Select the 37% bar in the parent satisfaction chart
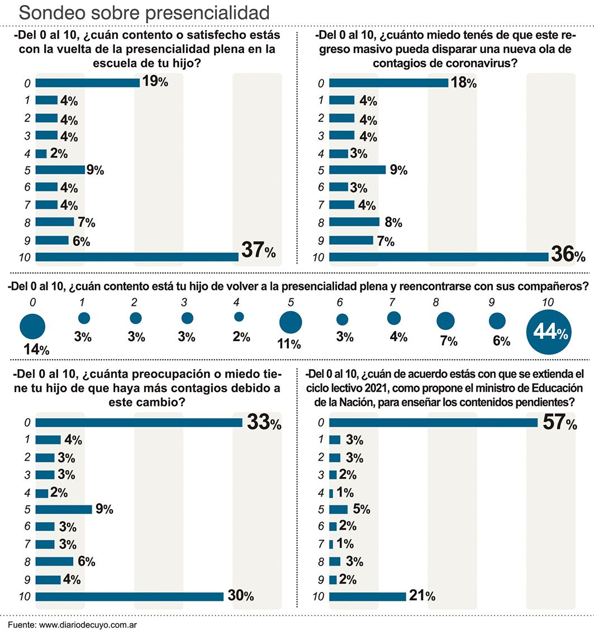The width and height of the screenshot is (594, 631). click(x=137, y=257)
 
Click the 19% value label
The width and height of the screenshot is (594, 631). click(x=155, y=82)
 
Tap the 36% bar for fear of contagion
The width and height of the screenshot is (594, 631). click(x=439, y=257)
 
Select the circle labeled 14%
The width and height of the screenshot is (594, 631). click(x=32, y=326)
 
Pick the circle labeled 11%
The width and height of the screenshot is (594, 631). click(x=291, y=322)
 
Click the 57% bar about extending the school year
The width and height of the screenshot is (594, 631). click(x=434, y=423)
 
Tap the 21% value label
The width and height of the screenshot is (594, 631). click(x=422, y=596)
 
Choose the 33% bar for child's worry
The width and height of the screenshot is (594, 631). click(x=139, y=423)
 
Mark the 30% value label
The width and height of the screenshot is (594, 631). click(x=241, y=596)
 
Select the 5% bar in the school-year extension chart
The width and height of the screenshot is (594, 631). click(x=338, y=509)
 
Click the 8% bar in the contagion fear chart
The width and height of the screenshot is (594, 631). click(x=354, y=222)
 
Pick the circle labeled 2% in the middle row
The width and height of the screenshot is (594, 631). click(x=239, y=317)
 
